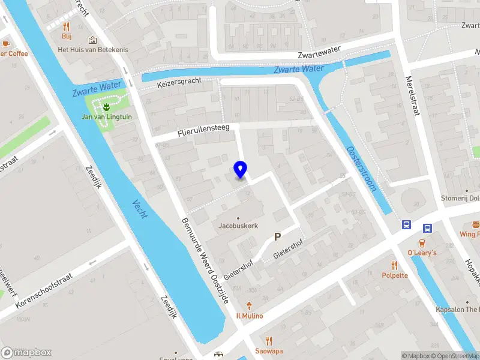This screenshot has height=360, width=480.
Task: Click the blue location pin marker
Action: [241, 169]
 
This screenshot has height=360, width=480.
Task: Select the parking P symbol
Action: [277, 237]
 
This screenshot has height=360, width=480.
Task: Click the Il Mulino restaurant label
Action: [249, 316]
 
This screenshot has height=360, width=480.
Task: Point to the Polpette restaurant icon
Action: [394, 265]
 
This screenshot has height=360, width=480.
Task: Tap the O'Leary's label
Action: [422, 253]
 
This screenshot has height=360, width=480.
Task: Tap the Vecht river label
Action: [140, 209]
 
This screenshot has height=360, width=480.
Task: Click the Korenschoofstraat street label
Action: [44, 290]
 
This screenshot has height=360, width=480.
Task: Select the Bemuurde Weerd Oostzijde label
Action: [205, 260]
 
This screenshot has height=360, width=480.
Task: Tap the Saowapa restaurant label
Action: [269, 351]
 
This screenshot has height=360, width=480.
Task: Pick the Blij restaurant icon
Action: [66, 26]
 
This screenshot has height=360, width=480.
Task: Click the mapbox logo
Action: [26, 353]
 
